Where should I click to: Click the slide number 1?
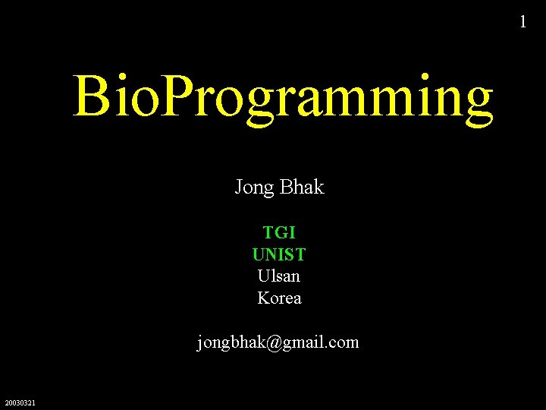coord(522,22)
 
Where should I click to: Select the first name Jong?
coord(254,188)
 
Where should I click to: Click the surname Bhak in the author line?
coord(301,187)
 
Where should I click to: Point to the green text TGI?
coord(279,232)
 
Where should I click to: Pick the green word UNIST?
coord(279,254)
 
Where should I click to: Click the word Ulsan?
coord(279,276)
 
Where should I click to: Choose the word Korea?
coord(279,298)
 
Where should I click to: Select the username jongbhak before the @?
coord(231,343)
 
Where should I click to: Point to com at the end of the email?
coord(344,343)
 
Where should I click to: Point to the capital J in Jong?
coord(239,187)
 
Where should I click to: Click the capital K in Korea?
coord(263,298)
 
